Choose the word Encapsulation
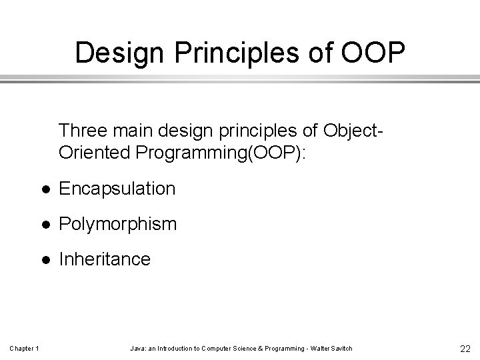(x=117, y=189)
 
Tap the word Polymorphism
(x=118, y=224)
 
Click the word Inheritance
(x=105, y=259)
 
